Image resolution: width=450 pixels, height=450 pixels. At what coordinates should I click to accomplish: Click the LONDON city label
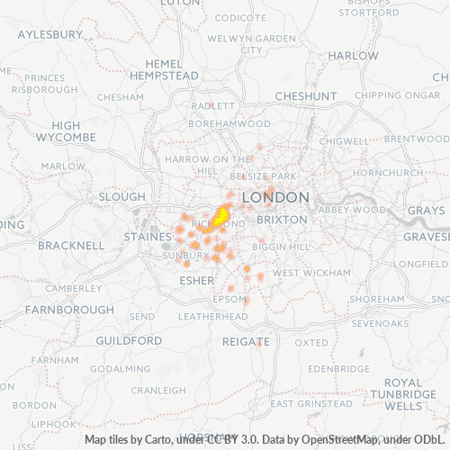tap(276, 197)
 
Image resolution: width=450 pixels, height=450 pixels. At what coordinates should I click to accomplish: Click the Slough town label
tap(121, 196)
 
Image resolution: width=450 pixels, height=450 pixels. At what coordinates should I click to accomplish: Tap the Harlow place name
tap(353, 55)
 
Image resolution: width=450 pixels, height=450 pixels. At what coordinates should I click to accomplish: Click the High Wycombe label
tap(66, 131)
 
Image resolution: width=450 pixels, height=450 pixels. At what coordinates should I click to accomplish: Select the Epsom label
tap(229, 299)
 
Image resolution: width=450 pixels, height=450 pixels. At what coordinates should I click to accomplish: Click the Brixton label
tap(283, 219)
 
